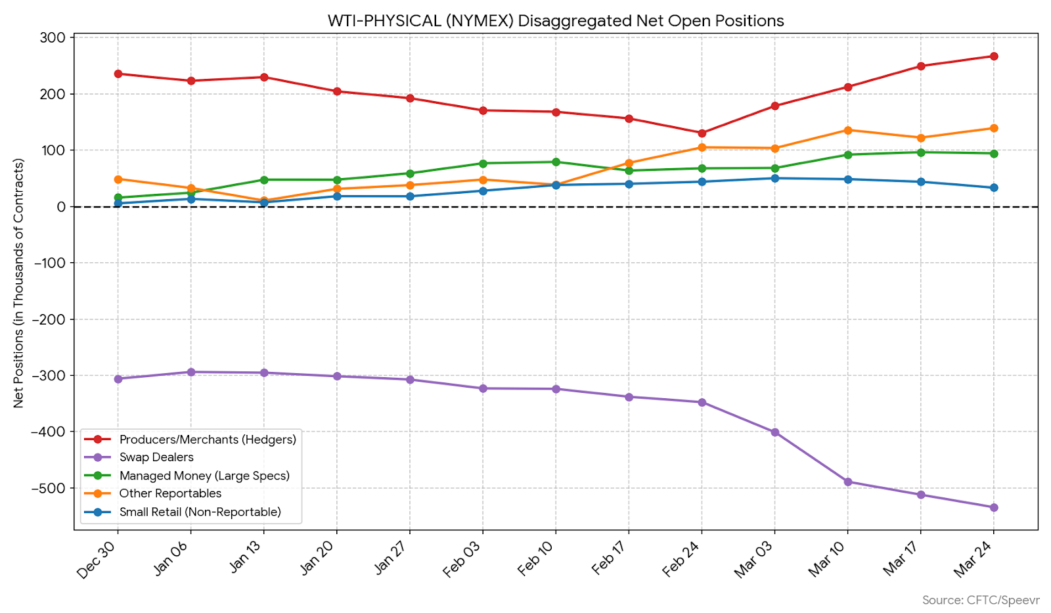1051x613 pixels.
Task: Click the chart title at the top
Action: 556,21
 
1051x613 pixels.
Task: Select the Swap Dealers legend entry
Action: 156,457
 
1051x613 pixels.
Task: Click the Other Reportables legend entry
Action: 170,493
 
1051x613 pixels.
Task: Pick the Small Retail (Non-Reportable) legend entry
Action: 200,512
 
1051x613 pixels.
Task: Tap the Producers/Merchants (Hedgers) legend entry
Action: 208,440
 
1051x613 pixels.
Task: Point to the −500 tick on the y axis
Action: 49,488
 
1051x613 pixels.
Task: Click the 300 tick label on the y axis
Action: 53,37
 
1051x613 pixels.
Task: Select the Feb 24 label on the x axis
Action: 682,558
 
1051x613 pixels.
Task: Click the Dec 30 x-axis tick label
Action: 97,559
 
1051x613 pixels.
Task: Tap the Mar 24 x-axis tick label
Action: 973,558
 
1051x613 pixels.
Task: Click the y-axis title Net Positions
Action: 18,283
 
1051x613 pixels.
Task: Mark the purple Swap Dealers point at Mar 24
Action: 993,507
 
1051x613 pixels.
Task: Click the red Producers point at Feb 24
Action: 702,133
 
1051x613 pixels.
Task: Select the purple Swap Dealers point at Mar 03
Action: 774,432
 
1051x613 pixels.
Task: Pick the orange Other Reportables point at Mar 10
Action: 847,130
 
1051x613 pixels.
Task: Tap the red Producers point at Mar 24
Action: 993,57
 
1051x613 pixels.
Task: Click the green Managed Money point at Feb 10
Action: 556,162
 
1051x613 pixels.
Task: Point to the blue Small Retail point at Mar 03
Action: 774,178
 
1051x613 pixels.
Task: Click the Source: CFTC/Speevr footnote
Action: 980,600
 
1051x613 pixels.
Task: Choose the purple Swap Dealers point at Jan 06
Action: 191,372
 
